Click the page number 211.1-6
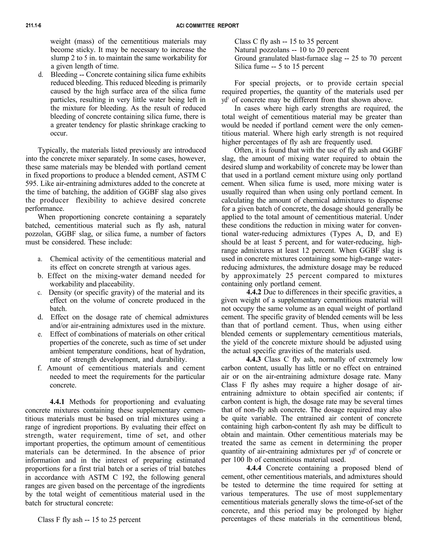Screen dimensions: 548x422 click(x=33, y=26)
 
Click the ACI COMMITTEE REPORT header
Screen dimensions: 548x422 click(x=207, y=26)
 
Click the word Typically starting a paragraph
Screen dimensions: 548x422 click(x=53, y=150)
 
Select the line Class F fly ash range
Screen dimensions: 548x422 click(x=89, y=519)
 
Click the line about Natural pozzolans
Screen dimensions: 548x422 click(x=292, y=50)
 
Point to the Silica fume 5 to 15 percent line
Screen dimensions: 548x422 click(x=279, y=67)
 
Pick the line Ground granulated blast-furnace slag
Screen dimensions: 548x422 click(x=318, y=58)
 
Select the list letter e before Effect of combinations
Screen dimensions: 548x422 click(x=40, y=334)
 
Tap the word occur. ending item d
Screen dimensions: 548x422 click(x=59, y=133)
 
